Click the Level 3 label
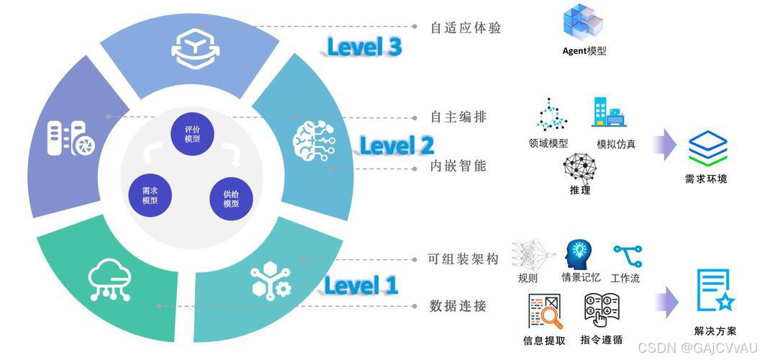tap(364, 47)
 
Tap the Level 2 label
tap(397, 145)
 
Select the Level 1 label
tap(361, 285)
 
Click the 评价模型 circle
tap(192, 133)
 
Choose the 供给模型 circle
tap(231, 199)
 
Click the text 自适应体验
tap(465, 28)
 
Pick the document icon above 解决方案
tap(715, 291)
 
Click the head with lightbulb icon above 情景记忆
tap(579, 255)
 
